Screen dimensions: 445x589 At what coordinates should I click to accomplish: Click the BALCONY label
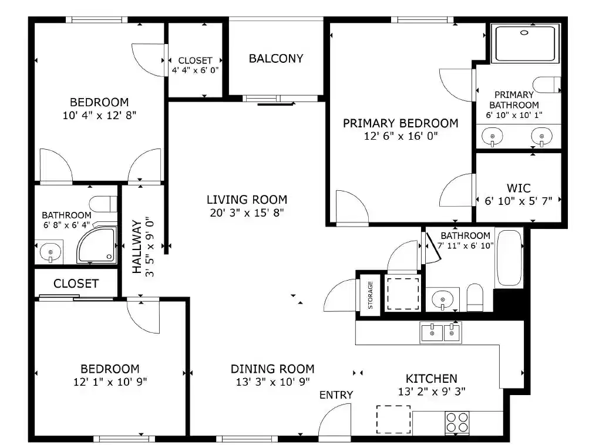[x=276, y=59]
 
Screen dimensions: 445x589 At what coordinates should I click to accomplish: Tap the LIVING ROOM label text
[x=247, y=200]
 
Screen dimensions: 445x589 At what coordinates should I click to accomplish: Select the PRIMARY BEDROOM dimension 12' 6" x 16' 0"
[x=400, y=136]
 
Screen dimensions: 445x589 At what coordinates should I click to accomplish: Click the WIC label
[x=519, y=188]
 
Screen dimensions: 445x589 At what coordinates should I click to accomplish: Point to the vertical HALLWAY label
[x=137, y=247]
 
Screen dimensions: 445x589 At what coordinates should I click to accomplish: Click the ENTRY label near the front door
[x=336, y=395]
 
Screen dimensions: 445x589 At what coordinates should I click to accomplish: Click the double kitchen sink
[x=440, y=333]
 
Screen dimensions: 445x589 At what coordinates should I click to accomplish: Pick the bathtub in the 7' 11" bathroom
[x=509, y=258]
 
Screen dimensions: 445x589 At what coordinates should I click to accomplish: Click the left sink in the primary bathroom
[x=492, y=137]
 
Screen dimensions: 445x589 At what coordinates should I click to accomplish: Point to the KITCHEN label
[x=431, y=379]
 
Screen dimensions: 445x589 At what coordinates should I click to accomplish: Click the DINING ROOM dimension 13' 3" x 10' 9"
[x=272, y=382]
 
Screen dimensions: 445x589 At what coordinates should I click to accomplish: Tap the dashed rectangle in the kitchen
[x=393, y=419]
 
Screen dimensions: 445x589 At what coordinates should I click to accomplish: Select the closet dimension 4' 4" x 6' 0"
[x=195, y=70]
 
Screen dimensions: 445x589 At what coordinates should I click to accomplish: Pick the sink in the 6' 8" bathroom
[x=52, y=252]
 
